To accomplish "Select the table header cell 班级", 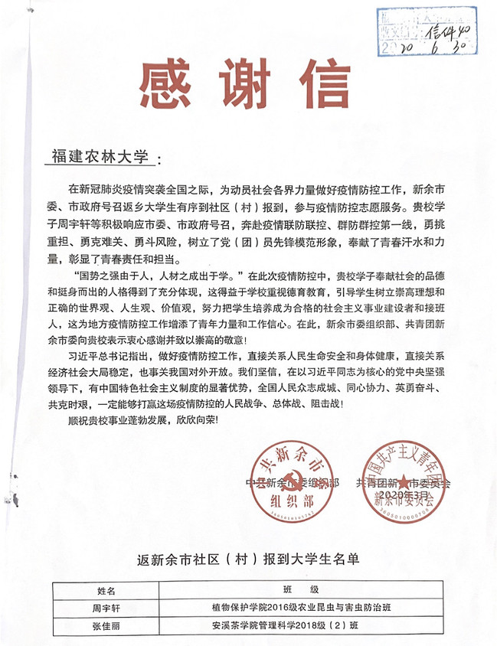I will (299, 592).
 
